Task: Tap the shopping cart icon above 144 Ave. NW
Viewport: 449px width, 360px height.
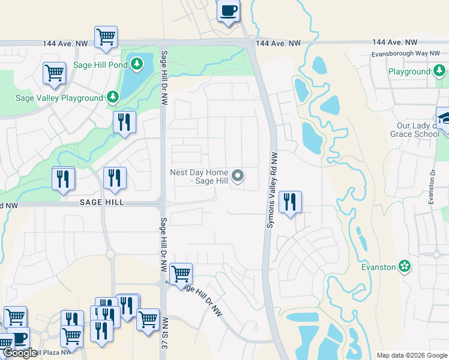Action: coord(106,37)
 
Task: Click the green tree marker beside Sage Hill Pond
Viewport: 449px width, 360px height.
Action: coord(137,63)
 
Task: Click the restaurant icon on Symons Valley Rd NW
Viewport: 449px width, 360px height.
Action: coord(290,202)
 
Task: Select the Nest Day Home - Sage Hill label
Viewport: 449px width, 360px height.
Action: coord(199,176)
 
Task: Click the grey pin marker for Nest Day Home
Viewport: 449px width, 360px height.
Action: coord(238,176)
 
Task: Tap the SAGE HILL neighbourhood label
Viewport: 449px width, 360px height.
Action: coord(102,203)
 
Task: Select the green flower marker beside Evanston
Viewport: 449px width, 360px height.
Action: coord(405,266)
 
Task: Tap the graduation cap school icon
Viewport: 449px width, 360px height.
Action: coord(444,118)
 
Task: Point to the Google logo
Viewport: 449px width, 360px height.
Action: coord(20,353)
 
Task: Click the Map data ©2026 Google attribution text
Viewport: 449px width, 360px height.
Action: coord(411,355)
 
